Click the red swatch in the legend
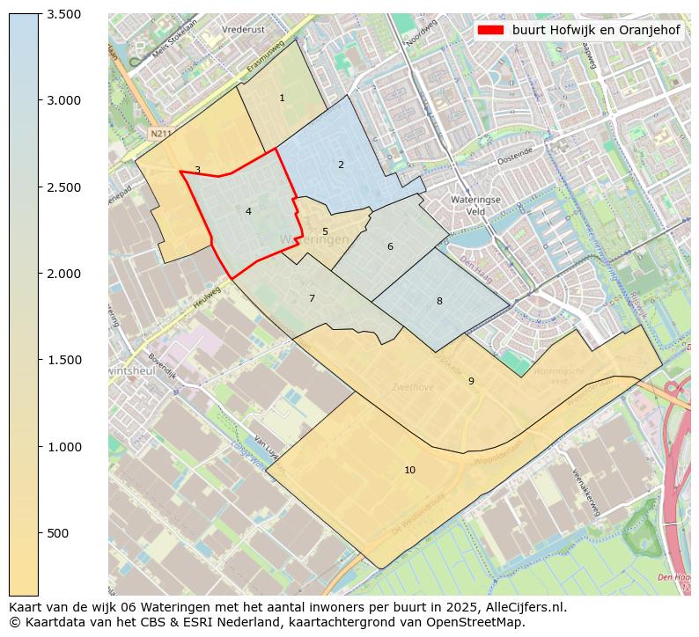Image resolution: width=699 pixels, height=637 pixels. pyautogui.click(x=490, y=30)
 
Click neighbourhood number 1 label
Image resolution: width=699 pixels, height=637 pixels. pyautogui.click(x=282, y=98)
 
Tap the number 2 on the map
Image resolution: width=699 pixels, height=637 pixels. pyautogui.click(x=341, y=165)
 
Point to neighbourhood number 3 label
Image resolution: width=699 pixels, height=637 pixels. pyautogui.click(x=197, y=170)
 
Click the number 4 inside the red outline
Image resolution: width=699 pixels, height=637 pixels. pyautogui.click(x=248, y=211)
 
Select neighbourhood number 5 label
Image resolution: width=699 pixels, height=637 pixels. pyautogui.click(x=325, y=232)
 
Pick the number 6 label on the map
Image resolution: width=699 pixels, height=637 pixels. pyautogui.click(x=390, y=246)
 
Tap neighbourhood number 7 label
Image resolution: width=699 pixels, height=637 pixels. pyautogui.click(x=312, y=298)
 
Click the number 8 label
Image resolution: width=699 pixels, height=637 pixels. pyautogui.click(x=439, y=301)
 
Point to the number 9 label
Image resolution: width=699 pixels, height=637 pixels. pyautogui.click(x=471, y=381)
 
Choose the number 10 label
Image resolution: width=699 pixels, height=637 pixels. pyautogui.click(x=409, y=470)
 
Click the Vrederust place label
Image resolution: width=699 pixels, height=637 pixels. pyautogui.click(x=244, y=29)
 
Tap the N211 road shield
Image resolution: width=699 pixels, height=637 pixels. pyautogui.click(x=158, y=134)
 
